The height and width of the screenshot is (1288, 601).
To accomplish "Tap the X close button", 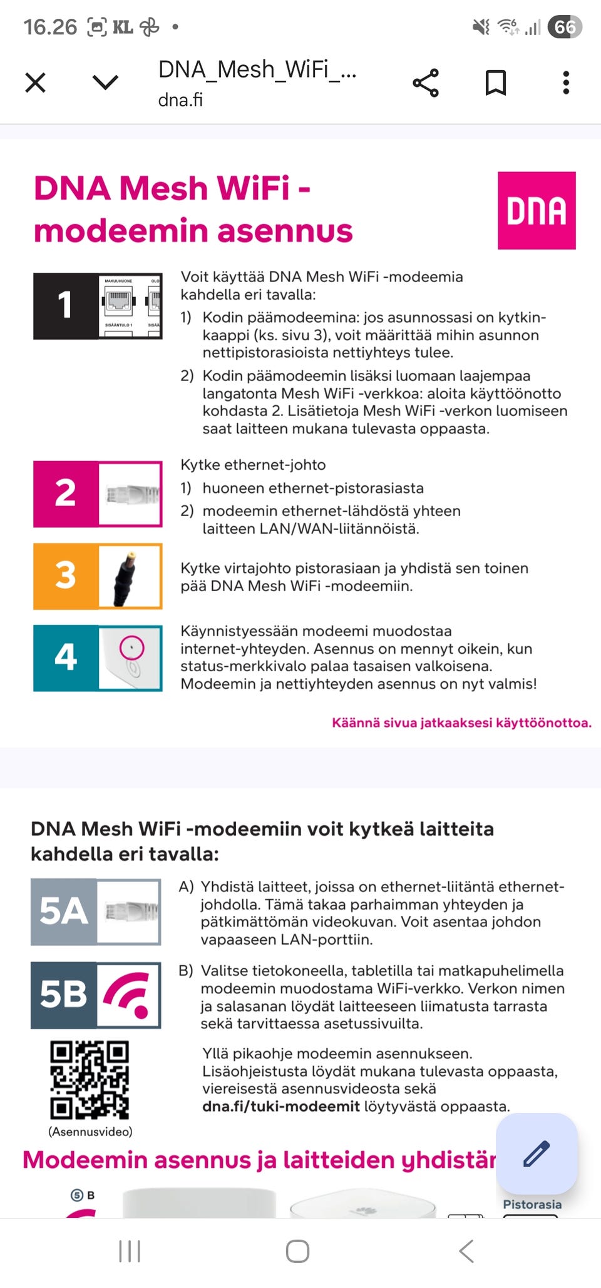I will [35, 83].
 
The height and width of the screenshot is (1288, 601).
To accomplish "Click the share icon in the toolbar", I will [426, 83].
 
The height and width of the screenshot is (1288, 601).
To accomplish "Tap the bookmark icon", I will [496, 83].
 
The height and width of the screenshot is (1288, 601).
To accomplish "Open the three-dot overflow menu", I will [566, 83].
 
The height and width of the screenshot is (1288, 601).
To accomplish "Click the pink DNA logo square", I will [537, 210].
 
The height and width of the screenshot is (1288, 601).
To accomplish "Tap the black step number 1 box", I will [66, 306].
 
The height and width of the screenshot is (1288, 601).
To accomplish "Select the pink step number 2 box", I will [66, 494].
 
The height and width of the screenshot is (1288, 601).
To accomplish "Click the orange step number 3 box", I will [66, 576].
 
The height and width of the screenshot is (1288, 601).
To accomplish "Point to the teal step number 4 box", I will [66, 657].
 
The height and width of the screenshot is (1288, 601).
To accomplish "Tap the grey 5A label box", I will [64, 911].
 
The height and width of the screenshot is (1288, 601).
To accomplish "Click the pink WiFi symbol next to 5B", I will [128, 995].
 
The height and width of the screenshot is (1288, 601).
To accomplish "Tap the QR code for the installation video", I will [90, 1080].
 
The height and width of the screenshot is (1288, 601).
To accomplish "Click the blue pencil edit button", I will [537, 1154].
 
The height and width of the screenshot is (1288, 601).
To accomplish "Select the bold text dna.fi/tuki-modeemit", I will [280, 1106].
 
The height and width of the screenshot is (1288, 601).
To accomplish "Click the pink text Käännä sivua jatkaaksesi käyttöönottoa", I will [461, 723].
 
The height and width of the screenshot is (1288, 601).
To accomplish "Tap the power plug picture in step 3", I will [130, 576].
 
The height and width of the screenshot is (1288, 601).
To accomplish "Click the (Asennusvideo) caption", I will [90, 1131].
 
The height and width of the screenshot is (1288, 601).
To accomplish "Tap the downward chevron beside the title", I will [105, 83].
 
